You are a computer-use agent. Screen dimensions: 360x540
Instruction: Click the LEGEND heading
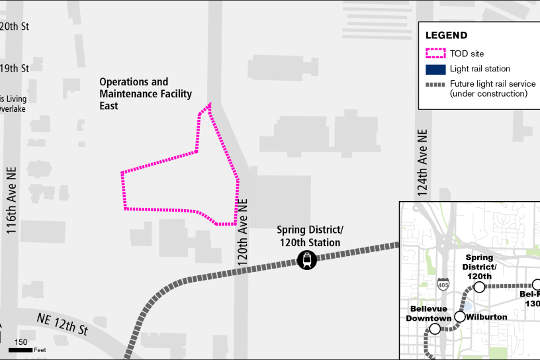pos(446,36)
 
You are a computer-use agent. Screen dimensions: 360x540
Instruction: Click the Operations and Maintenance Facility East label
pos(134,93)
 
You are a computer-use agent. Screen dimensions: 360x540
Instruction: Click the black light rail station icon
pos(307,260)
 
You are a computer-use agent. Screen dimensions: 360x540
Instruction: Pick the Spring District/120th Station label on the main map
pos(310,236)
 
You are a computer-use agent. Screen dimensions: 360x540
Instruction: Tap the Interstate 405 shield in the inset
pos(443,285)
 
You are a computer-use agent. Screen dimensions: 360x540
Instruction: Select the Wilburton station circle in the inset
pos(460,316)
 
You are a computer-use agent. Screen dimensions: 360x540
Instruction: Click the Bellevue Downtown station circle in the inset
pos(435,329)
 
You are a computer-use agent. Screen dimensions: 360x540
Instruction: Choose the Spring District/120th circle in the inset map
pos(479,287)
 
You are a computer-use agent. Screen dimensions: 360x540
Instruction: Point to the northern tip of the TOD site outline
pos(210,103)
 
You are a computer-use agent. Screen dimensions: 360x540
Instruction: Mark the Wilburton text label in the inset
pos(486,317)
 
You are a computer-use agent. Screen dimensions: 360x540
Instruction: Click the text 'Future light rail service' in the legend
pos(492,84)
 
